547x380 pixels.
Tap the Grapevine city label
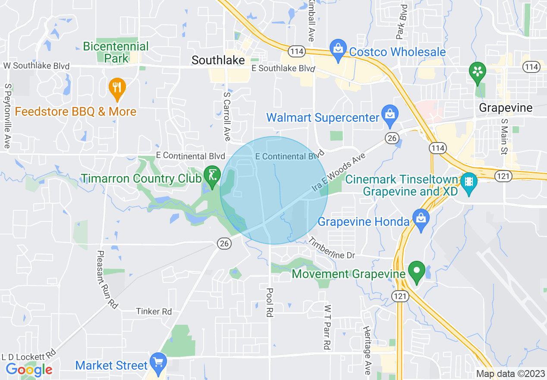pos(506,108)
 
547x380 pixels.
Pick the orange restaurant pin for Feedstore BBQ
pos(116,88)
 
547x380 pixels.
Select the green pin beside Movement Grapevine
pos(416,272)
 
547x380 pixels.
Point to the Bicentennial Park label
pos(116,52)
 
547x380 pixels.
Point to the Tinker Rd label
pos(154,311)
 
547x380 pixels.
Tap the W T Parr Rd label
pos(328,327)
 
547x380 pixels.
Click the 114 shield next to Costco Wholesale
pos(298,51)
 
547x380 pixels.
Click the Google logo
pos(29,370)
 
